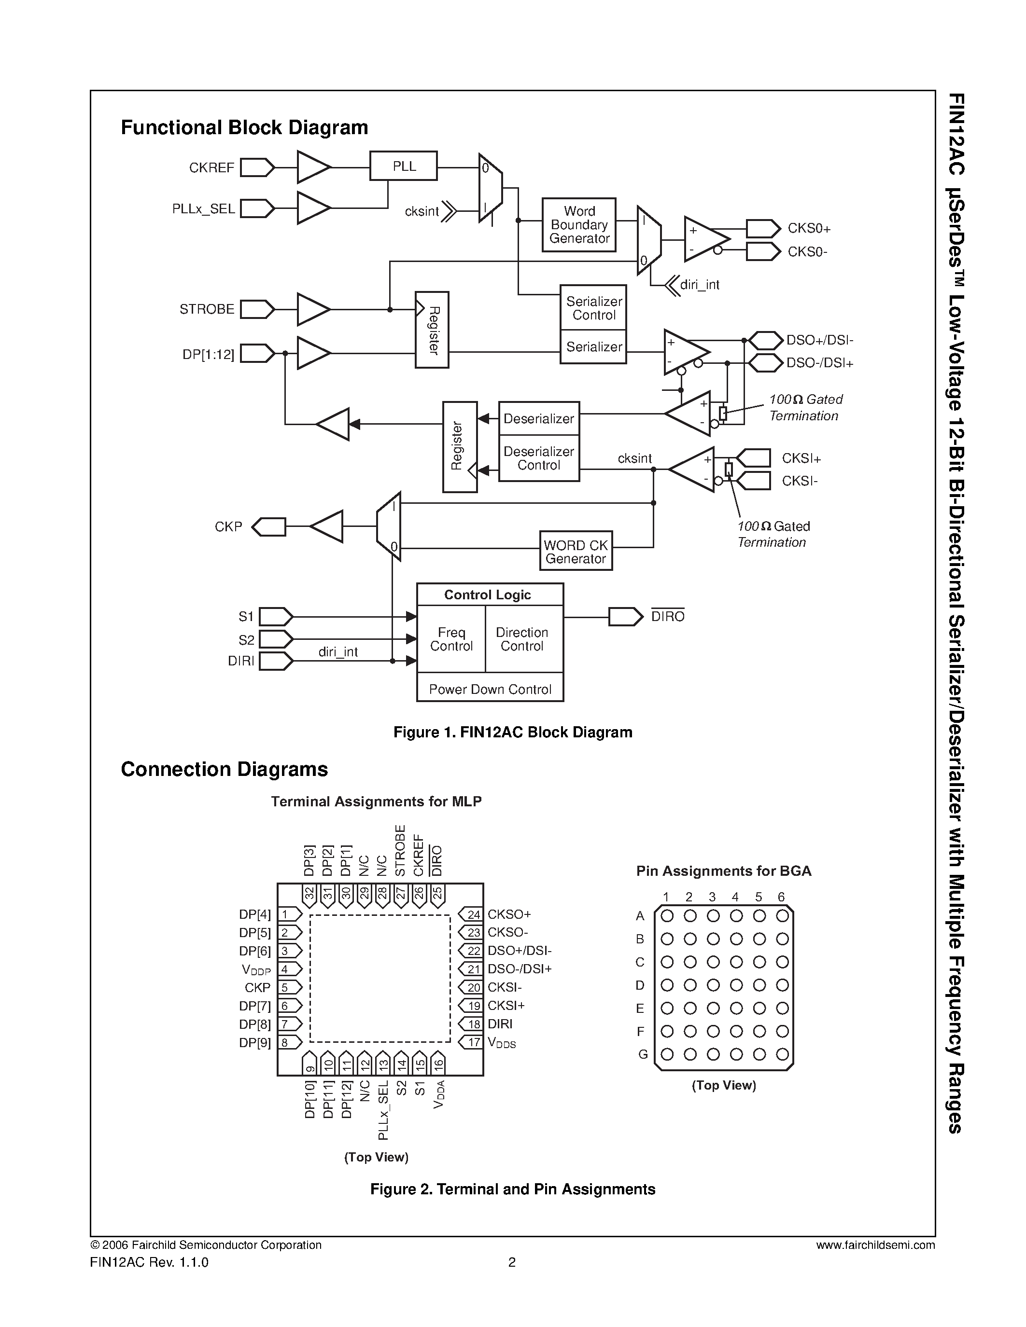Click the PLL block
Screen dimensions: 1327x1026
click(x=404, y=166)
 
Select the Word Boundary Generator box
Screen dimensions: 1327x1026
click(x=578, y=225)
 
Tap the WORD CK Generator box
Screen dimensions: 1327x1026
click(x=576, y=551)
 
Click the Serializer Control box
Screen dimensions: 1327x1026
click(x=593, y=308)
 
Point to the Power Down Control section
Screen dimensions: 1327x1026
click(x=490, y=689)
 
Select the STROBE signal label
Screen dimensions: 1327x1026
click(x=207, y=309)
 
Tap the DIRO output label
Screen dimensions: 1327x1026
click(x=667, y=617)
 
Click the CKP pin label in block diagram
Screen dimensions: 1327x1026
click(x=228, y=527)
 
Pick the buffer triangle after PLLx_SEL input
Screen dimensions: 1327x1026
click(x=312, y=208)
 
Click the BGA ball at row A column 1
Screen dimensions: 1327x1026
click(x=667, y=916)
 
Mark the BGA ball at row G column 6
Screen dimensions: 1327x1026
click(x=782, y=1054)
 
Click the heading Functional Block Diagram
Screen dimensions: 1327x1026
click(x=244, y=127)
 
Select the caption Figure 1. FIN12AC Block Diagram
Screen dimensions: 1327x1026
click(x=512, y=732)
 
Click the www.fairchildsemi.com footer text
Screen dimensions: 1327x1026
click(x=875, y=1245)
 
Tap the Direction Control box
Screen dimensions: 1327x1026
click(x=521, y=639)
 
